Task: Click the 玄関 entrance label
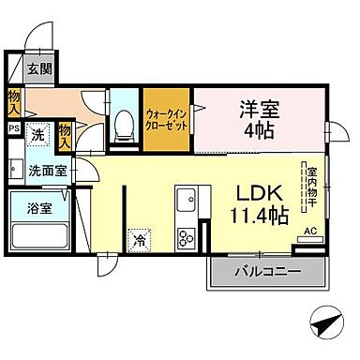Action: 38,69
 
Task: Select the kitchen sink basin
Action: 185,201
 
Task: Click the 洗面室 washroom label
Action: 45,172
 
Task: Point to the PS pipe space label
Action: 14,131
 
